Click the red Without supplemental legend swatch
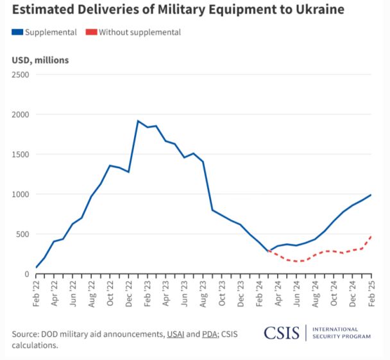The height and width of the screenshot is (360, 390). [90, 32]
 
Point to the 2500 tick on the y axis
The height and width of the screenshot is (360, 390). [21, 74]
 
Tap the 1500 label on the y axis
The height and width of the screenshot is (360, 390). [21, 154]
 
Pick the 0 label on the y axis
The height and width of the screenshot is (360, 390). [27, 274]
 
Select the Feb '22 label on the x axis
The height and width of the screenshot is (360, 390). [36, 293]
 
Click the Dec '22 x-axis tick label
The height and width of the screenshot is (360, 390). [129, 293]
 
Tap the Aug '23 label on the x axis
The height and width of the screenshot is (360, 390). [203, 293]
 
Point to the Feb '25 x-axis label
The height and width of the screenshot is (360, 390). [371, 293]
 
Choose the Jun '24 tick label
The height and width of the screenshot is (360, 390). [296, 293]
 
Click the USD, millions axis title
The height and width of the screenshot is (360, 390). [40, 60]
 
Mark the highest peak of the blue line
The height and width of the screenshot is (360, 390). [138, 121]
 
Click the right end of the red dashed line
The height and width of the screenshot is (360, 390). [371, 236]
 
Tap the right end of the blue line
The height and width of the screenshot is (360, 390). [371, 195]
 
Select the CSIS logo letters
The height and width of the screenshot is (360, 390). [282, 333]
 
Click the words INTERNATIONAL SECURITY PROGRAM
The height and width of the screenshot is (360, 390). [341, 332]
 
